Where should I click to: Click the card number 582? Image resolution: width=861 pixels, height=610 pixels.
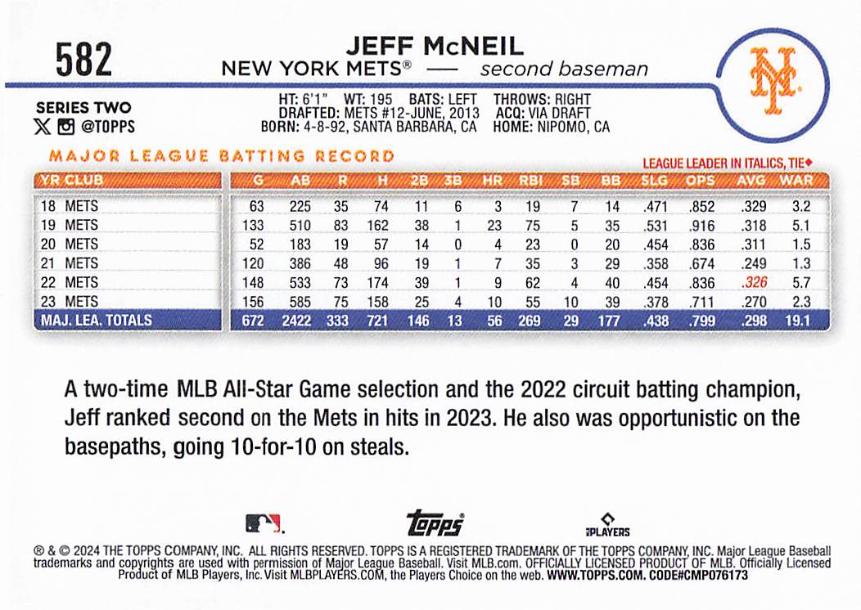[84, 60]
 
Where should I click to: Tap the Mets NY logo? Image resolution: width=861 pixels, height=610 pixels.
[773, 81]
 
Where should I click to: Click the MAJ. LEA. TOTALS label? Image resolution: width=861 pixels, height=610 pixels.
[97, 321]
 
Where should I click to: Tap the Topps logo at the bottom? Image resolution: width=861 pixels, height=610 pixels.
[435, 523]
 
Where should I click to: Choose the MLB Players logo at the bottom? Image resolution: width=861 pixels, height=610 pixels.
[606, 524]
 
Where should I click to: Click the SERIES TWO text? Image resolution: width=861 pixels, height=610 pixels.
[83, 108]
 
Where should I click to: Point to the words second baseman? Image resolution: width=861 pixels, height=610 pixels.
[564, 69]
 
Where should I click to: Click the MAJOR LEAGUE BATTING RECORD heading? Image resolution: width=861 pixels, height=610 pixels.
[222, 155]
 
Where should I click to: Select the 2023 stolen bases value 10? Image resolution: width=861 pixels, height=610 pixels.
[571, 302]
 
